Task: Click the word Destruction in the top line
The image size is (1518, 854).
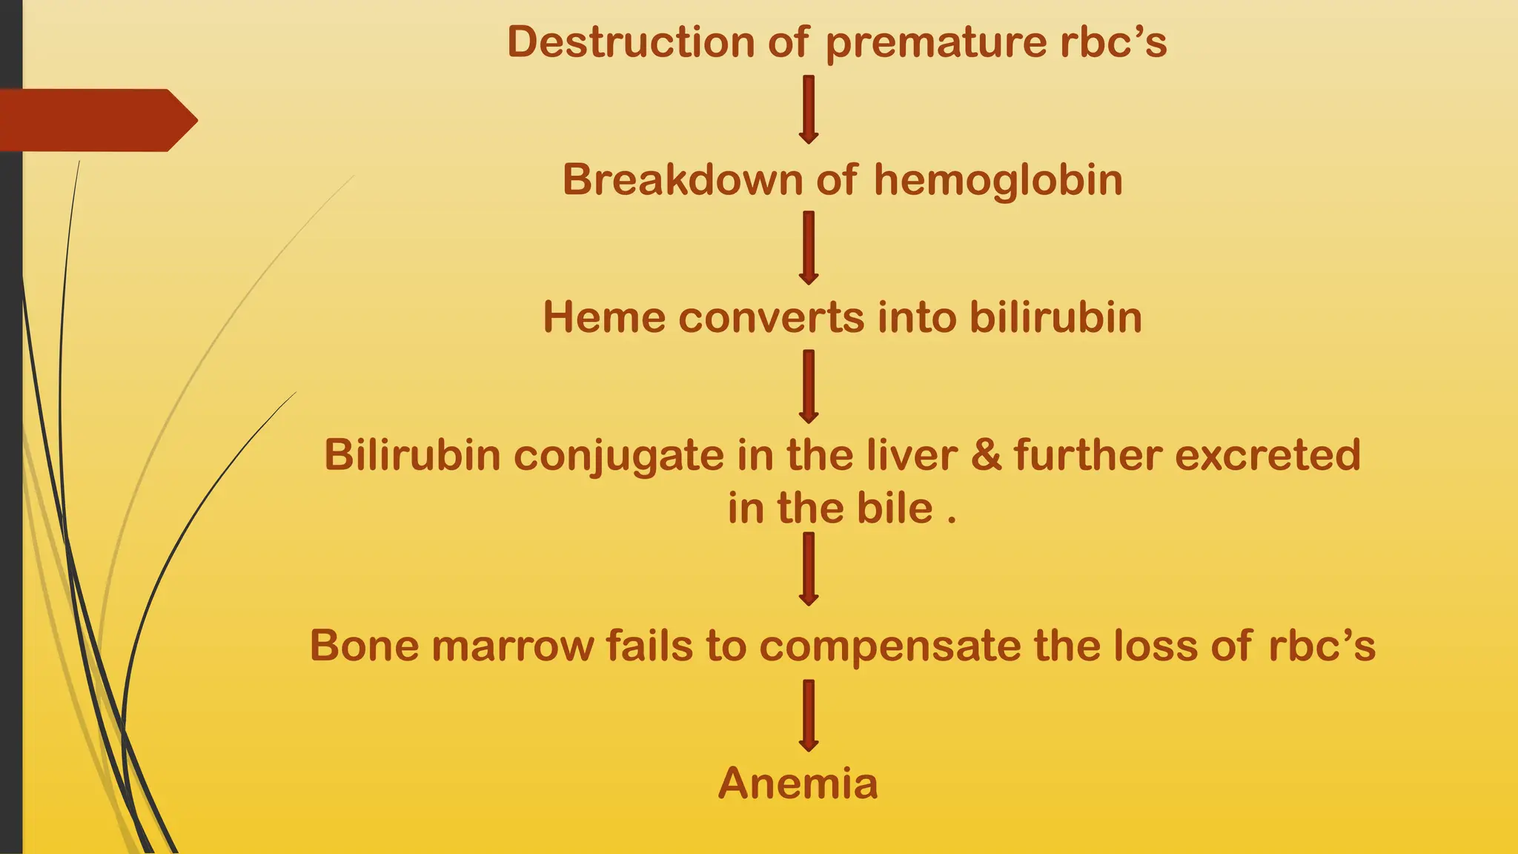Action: point(631,42)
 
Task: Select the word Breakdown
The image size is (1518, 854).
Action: point(683,180)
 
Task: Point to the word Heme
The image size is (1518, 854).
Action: point(604,317)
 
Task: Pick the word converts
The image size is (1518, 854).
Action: point(771,318)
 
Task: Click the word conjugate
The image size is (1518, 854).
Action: point(618,456)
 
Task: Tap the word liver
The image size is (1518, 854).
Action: point(912,454)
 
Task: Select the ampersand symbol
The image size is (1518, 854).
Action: point(986,454)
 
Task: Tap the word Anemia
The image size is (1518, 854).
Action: point(798,784)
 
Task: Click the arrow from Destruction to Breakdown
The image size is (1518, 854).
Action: point(809,109)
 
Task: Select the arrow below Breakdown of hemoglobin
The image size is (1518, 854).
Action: point(809,248)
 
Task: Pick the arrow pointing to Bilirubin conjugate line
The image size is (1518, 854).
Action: point(809,386)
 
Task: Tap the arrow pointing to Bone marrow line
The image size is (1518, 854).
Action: point(809,569)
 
